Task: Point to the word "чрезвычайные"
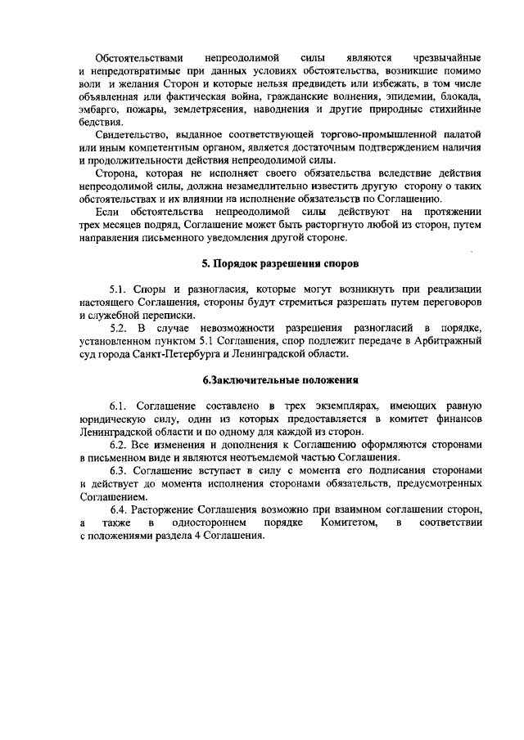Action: (442, 58)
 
